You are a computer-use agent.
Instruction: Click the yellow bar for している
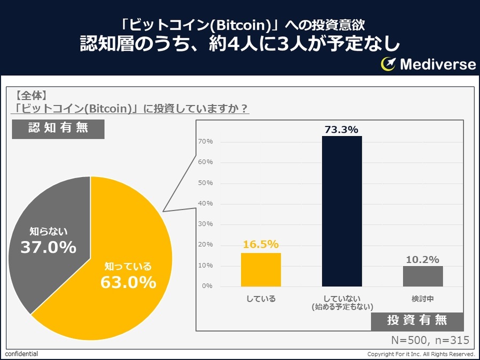click(261, 269)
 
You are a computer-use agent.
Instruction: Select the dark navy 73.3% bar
click(341, 211)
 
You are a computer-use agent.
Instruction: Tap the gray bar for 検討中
click(422, 276)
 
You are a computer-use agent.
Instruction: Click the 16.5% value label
click(261, 244)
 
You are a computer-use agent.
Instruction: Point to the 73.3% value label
click(341, 129)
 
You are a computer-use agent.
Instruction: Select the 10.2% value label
click(422, 260)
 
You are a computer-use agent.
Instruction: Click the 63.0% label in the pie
click(128, 282)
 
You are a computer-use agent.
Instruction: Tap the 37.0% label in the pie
click(49, 247)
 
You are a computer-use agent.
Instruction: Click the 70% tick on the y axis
click(206, 141)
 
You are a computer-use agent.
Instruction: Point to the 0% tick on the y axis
click(207, 286)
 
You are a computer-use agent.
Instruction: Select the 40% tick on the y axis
click(206, 203)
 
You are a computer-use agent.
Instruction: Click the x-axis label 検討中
click(422, 299)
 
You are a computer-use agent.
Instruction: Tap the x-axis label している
click(261, 299)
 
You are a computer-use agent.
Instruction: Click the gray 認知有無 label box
click(58, 128)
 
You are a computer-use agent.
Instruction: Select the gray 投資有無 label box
click(417, 320)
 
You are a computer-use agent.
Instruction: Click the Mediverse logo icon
click(388, 64)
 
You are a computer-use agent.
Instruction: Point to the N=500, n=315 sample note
click(430, 340)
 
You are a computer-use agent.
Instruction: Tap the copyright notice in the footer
click(421, 354)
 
